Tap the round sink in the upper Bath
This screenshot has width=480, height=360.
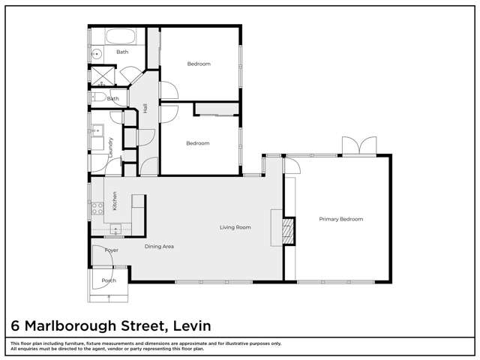tap(96, 53)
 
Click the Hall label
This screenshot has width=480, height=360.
tap(145, 108)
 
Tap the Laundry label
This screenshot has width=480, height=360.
tap(110, 145)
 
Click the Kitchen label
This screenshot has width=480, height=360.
tap(115, 200)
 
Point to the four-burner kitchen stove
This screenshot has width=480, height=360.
tap(97, 208)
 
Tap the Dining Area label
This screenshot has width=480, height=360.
tap(159, 246)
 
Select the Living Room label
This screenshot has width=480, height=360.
tap(235, 227)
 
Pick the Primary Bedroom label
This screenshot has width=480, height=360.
tap(340, 219)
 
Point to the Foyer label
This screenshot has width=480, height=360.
tap(111, 250)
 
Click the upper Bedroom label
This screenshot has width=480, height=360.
tap(198, 64)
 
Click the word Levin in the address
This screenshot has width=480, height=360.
tap(191, 325)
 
